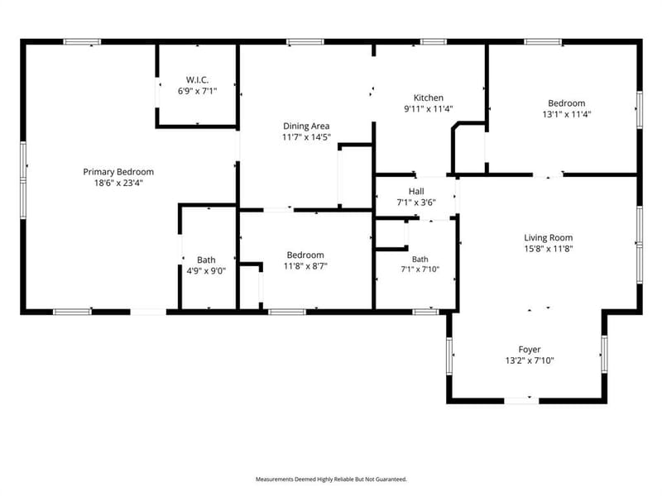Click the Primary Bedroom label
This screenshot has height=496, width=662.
[118, 172]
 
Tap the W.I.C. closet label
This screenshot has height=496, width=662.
[197, 79]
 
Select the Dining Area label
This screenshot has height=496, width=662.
[306, 126]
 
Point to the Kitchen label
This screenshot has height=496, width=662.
[428, 98]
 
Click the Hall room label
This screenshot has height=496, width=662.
[416, 191]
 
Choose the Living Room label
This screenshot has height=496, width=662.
[549, 237]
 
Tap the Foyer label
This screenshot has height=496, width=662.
[530, 349]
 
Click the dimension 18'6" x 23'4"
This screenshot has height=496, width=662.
[118, 183]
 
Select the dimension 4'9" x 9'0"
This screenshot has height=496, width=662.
[206, 271]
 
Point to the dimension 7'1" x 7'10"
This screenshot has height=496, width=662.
[420, 269]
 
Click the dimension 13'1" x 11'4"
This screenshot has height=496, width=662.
[567, 114]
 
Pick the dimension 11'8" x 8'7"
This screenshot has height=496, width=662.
[305, 265]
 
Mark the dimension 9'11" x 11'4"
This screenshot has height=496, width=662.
[429, 108]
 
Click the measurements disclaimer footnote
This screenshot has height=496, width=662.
[331, 479]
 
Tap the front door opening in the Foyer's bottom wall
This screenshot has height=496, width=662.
[521, 400]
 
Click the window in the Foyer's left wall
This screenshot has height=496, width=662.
[449, 355]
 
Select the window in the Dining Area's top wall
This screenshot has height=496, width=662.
[305, 42]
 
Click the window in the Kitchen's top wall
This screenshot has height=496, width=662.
[434, 42]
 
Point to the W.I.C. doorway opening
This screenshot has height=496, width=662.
[157, 93]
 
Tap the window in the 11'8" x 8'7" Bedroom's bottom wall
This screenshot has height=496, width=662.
[287, 312]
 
